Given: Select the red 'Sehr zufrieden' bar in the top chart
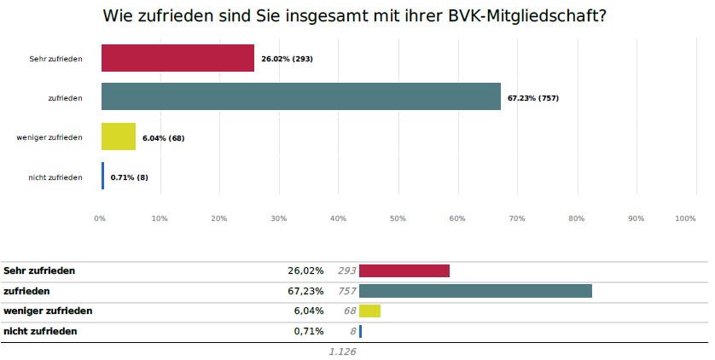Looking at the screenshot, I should pyautogui.click(x=177, y=58).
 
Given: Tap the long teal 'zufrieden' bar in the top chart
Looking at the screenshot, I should pyautogui.click(x=300, y=97).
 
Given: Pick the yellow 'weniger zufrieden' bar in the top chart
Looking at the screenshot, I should pyautogui.click(x=118, y=136).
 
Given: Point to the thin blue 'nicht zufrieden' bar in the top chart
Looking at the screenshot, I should pyautogui.click(x=103, y=176).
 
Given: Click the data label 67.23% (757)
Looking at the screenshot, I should pyautogui.click(x=532, y=98).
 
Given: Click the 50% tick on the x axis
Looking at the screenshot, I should pyautogui.click(x=398, y=219).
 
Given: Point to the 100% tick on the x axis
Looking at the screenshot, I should pyautogui.click(x=685, y=219).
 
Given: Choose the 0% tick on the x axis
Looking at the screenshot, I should pyautogui.click(x=100, y=219).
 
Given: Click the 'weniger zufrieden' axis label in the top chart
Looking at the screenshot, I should pyautogui.click(x=49, y=137).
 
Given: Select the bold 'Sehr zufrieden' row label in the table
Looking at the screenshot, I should pyautogui.click(x=40, y=270).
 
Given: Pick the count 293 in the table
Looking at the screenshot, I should pyautogui.click(x=346, y=270).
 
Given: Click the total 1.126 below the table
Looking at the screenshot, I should pyautogui.click(x=342, y=351).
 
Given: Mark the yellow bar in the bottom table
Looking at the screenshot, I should pyautogui.click(x=369, y=311).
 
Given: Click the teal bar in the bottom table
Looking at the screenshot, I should pyautogui.click(x=475, y=291).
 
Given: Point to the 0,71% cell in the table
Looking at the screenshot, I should pyautogui.click(x=309, y=331).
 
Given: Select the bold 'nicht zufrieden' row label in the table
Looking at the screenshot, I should pyautogui.click(x=41, y=331).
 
